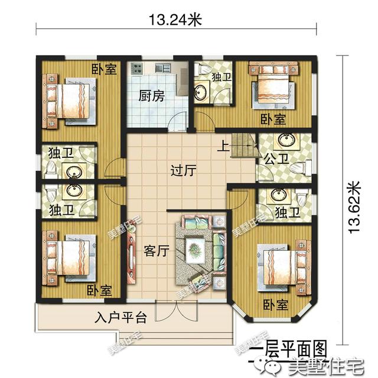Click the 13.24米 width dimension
click(x=175, y=20)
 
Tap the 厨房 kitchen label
click(x=151, y=96)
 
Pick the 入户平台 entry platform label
click(x=120, y=318)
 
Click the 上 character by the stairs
click(x=223, y=144)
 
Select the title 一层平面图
click(x=288, y=345)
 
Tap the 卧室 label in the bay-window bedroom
click(x=275, y=305)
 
